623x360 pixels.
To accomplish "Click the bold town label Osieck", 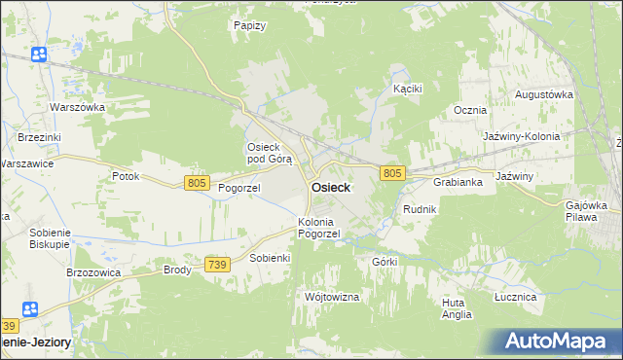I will point(331,188).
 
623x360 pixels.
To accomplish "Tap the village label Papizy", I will point(249,25).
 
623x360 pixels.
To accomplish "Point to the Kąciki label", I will point(407,89).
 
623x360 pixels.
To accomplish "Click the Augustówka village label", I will point(542,94).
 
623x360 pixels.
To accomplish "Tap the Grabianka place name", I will point(458,182).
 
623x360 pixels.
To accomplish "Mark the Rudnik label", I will point(420,209).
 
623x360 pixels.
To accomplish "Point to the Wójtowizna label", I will point(333,296).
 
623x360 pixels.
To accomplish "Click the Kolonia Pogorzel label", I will point(318,228).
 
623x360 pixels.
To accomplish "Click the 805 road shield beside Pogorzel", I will point(197,182).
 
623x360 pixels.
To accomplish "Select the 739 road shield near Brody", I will point(218,265).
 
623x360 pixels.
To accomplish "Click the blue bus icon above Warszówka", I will point(39,54).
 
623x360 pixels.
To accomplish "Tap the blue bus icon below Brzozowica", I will point(29,308).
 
